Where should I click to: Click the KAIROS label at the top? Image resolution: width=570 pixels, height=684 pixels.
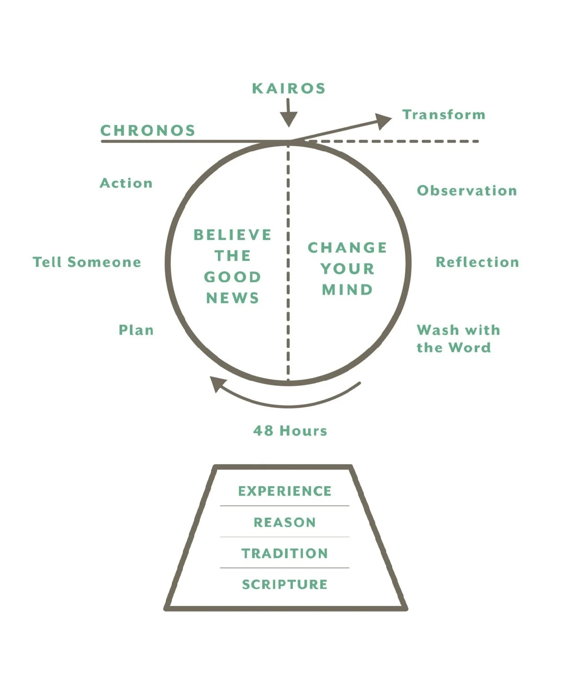point(289,88)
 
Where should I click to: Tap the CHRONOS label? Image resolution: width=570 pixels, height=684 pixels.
point(148,131)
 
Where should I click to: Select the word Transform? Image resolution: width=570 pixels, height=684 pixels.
point(444,114)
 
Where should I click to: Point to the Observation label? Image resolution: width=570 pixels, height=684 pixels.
point(467,191)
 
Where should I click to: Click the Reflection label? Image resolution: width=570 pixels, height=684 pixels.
point(477,262)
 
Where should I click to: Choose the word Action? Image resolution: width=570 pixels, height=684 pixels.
point(126,183)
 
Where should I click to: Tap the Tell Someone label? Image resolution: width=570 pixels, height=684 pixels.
point(87,262)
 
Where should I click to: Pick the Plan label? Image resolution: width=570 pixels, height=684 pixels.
point(136,330)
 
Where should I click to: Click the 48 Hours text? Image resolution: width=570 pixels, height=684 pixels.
point(290,431)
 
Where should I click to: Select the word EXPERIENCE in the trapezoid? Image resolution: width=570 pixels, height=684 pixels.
point(285,491)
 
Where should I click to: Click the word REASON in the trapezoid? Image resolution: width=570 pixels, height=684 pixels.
point(285,523)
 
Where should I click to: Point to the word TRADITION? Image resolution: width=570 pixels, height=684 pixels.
point(285,554)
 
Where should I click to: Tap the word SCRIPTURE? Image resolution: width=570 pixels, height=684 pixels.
point(285,585)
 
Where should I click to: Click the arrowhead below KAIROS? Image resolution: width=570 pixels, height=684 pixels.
point(289,120)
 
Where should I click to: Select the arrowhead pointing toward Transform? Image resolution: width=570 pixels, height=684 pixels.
point(384,120)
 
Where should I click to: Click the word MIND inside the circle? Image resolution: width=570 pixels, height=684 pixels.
point(347,290)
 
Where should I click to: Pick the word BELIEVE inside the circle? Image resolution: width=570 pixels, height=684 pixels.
point(233,235)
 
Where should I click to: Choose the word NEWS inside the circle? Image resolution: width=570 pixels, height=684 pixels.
point(233,298)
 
